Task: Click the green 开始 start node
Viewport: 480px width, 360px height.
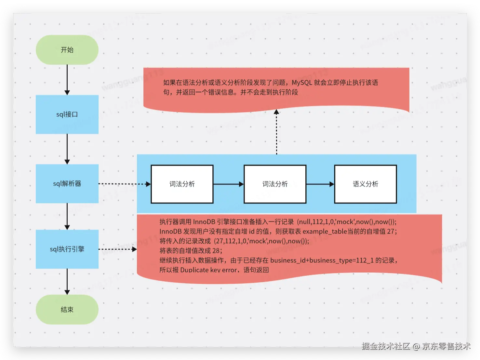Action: [x=67, y=50]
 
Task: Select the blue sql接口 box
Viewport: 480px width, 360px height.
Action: [x=67, y=114]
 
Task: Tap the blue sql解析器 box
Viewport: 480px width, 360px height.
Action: [x=67, y=184]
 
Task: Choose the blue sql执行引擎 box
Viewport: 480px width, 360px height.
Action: [x=67, y=249]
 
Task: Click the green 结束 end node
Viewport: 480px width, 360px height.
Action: [x=67, y=309]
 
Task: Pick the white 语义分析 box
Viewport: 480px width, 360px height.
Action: [x=365, y=184]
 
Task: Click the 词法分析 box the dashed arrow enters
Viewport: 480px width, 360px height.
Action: [x=182, y=184]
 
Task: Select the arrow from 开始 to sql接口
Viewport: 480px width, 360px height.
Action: [x=67, y=79]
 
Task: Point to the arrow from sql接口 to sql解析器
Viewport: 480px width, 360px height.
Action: [x=67, y=149]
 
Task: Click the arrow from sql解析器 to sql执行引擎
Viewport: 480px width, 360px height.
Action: [x=67, y=216]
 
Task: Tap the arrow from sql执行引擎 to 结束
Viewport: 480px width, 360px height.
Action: [x=67, y=281]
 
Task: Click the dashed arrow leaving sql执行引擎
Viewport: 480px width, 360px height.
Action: [x=117, y=250]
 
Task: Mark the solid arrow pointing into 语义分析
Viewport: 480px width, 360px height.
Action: [x=320, y=184]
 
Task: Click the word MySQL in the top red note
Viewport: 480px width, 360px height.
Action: [x=302, y=83]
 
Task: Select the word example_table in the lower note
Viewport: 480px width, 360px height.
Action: [x=325, y=231]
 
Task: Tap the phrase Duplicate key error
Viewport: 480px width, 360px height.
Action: [x=208, y=270]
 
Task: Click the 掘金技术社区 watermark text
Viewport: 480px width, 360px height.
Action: [x=386, y=346]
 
